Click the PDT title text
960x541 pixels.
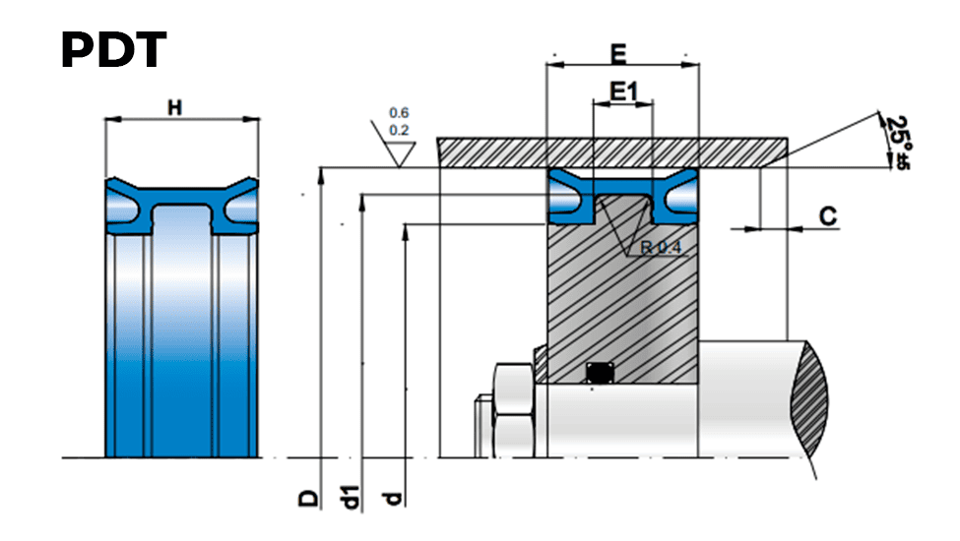click(114, 50)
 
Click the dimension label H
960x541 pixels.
click(175, 108)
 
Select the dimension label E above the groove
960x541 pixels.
click(619, 54)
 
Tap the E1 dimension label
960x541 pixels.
click(624, 92)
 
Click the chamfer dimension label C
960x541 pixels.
click(828, 216)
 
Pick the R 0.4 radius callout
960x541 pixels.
click(661, 248)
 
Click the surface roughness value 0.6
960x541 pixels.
click(399, 113)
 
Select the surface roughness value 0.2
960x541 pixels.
click(399, 130)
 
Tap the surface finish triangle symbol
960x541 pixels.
click(399, 152)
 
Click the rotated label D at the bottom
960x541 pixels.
click(309, 498)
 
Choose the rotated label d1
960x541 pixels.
click(350, 497)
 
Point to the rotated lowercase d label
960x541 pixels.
click(393, 498)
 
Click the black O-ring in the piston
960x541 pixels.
click(600, 372)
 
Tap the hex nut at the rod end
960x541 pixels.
click(514, 410)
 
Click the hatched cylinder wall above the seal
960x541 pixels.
click(612, 152)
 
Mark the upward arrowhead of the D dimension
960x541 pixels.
click(320, 175)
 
